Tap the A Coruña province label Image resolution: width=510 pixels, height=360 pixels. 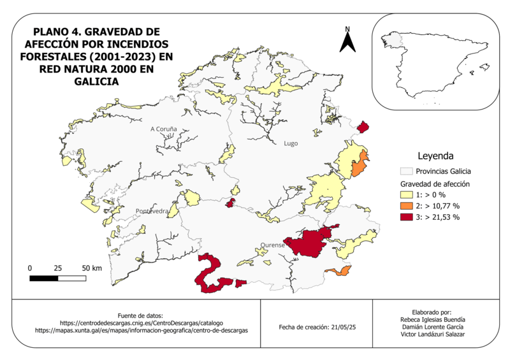pos(163,129)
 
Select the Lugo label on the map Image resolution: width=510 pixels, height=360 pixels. pos(291,143)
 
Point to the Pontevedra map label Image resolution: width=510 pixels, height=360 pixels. pos(152,211)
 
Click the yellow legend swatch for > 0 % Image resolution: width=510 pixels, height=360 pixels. pos(406,194)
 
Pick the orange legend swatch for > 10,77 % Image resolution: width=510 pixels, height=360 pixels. pos(406,206)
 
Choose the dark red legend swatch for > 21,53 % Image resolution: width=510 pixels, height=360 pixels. pos(406,217)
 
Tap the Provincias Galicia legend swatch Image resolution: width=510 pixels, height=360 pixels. pos(406,171)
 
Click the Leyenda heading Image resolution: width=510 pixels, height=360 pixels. pos(435,155)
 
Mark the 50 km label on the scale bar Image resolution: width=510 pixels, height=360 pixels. pos(92,268)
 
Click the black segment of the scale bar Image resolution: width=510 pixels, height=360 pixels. pos(44,278)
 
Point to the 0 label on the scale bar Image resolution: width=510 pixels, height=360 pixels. pos(31,268)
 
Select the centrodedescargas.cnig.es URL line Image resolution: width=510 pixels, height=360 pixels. pos(142,323)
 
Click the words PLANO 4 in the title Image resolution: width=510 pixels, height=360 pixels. pos(57,32)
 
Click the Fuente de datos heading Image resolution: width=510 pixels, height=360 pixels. pos(142,315)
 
